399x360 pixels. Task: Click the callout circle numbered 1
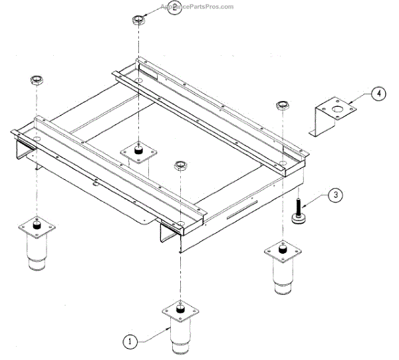[130, 341]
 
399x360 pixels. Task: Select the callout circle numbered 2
[173, 9]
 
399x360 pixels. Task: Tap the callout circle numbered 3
[335, 195]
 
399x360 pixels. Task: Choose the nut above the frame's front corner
[179, 165]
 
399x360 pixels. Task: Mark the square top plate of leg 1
[180, 311]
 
